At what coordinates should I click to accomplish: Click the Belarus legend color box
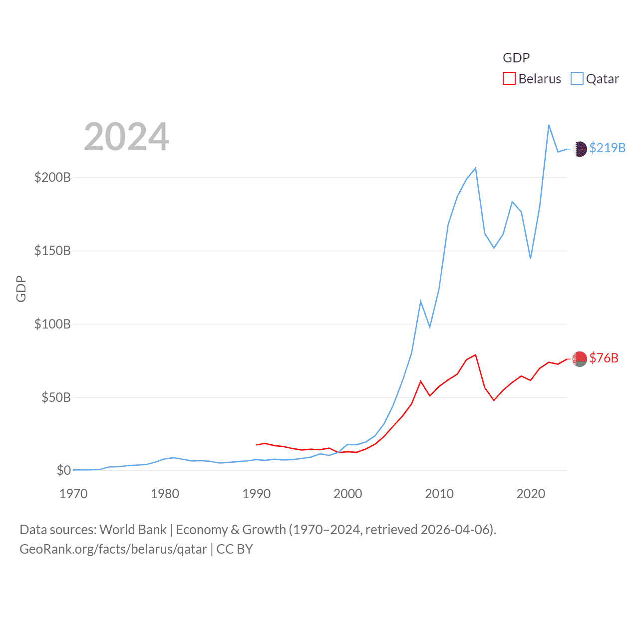tap(509, 79)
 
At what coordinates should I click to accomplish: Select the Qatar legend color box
tap(577, 79)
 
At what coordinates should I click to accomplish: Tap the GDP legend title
tap(516, 58)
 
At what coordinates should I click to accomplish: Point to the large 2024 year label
tap(126, 137)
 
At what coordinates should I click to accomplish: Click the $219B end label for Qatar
tap(607, 148)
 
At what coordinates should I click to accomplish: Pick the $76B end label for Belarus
tap(604, 358)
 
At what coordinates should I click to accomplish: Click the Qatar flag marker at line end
tap(580, 149)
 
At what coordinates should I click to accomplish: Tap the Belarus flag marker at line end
tap(580, 359)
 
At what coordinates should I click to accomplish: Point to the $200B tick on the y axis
tap(52, 177)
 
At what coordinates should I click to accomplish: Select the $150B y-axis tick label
tap(52, 251)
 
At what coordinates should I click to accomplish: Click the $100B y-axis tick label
tap(52, 324)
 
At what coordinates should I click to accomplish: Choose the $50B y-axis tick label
tap(56, 397)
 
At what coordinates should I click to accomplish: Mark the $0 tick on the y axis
tap(64, 470)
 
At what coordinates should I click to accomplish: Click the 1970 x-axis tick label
tap(73, 494)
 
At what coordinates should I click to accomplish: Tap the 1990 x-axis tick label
tap(256, 494)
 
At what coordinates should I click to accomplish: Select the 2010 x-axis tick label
tap(439, 494)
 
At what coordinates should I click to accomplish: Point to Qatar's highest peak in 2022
tap(549, 125)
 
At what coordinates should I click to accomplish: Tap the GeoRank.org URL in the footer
tap(113, 549)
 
